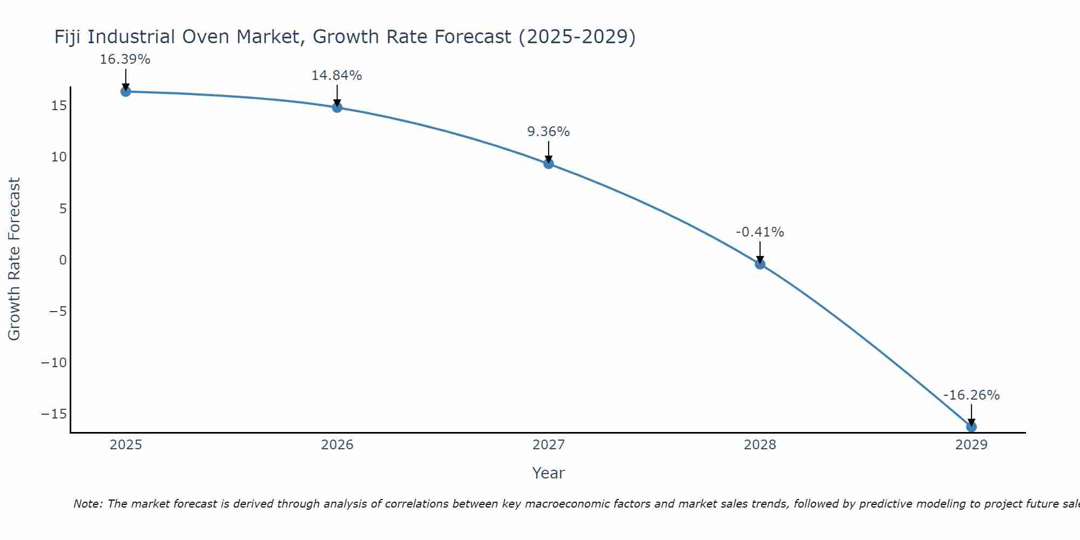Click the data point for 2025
125,91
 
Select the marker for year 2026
337,107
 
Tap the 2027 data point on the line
549,164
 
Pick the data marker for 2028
760,264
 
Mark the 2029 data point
971,427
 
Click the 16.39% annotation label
125,59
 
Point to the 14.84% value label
336,76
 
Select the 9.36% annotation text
548,132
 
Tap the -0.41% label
760,232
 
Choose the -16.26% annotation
971,395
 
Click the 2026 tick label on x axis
337,445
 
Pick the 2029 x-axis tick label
971,445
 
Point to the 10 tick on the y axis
59,157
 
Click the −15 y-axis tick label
54,414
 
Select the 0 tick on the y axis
63,260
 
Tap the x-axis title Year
548,473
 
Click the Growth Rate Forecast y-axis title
14,259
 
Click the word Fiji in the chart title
69,37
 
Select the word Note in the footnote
87,504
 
